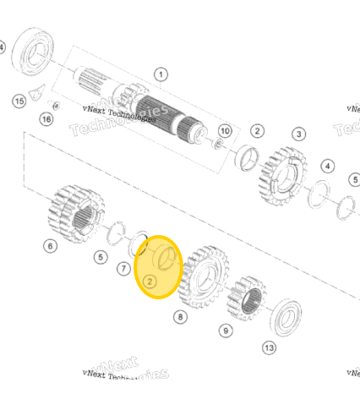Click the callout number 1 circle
[161, 74]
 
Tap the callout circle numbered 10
[225, 131]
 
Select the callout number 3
[299, 134]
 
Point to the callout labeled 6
[50, 246]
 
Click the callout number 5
[101, 257]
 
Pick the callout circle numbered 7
[123, 269]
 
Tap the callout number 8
[179, 317]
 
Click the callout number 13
[269, 348]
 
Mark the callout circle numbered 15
[19, 101]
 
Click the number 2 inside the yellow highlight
[149, 280]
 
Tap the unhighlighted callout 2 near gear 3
[257, 131]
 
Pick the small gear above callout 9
[247, 297]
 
